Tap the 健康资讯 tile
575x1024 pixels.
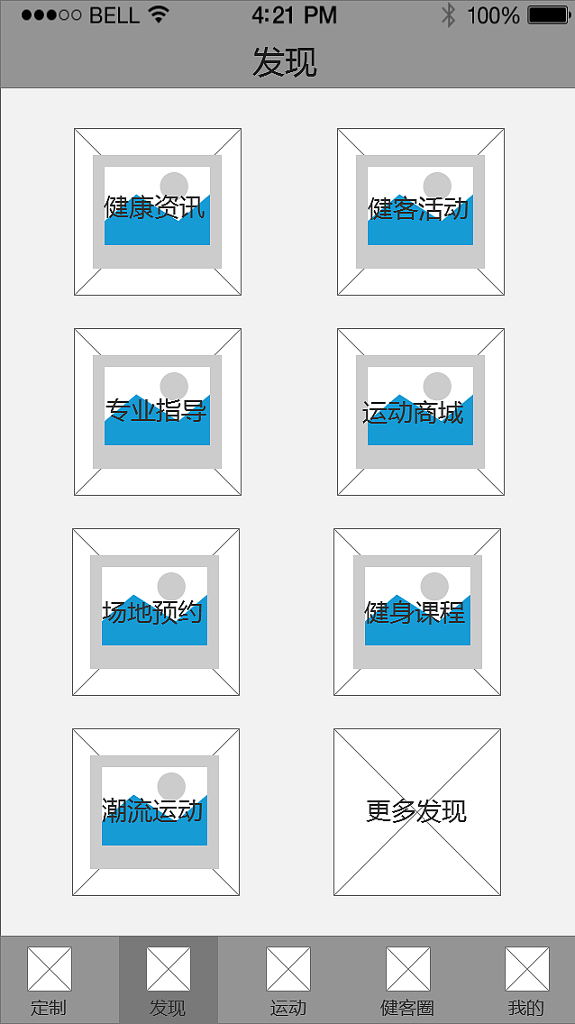point(158,212)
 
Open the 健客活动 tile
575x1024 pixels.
point(420,212)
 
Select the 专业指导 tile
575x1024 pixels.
point(158,411)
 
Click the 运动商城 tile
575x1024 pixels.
point(420,411)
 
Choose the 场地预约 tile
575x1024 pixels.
point(155,612)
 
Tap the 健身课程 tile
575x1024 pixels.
point(417,612)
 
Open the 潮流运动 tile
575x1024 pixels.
point(155,812)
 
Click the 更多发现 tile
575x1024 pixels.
point(417,812)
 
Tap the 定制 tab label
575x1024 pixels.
point(49,1008)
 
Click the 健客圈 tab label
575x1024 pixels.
point(407,1008)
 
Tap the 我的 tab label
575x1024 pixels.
point(526,1008)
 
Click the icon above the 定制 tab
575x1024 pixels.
point(49,968)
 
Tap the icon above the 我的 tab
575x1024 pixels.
point(526,968)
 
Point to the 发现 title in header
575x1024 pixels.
point(285,63)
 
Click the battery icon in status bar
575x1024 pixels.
point(550,15)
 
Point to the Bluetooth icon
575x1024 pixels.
point(448,15)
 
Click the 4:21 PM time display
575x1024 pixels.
point(295,15)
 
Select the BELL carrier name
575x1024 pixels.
point(114,15)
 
